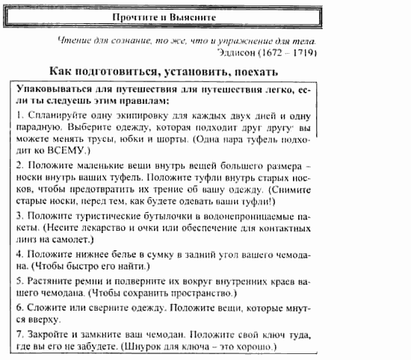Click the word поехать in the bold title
(x=253, y=72)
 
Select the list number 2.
(x=19, y=164)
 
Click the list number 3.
(x=19, y=214)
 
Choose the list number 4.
(x=19, y=254)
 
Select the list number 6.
(x=19, y=308)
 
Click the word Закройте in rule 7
(x=50, y=334)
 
